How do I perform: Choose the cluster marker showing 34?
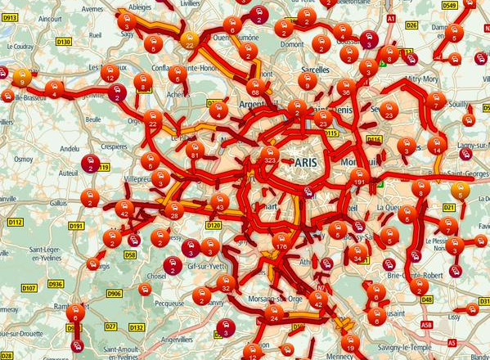(356, 254)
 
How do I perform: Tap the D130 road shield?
(65, 40)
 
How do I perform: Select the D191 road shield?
(78, 226)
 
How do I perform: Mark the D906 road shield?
(115, 294)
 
